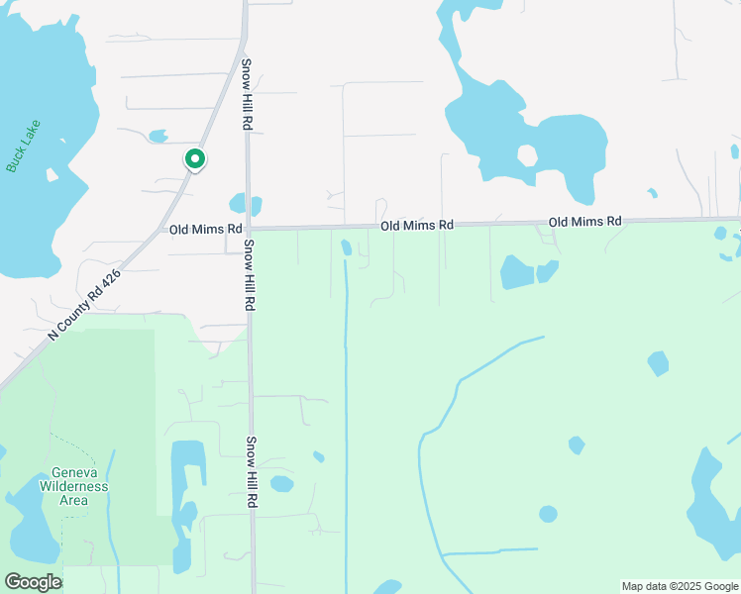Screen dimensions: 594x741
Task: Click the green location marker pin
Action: coord(195,159)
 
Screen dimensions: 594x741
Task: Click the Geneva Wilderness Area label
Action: coord(73,486)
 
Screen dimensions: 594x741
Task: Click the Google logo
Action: coord(33,582)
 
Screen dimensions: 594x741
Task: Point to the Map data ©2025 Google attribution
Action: coord(680,586)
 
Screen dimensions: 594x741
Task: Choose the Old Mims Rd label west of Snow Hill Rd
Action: coord(205,229)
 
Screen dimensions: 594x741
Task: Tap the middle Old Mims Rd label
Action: coord(417,226)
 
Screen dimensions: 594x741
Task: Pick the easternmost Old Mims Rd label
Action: coord(584,221)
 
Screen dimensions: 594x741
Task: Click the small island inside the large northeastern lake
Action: coord(527,155)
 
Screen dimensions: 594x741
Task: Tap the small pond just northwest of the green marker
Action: coord(158,136)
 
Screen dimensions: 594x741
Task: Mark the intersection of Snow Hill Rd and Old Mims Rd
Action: coord(249,228)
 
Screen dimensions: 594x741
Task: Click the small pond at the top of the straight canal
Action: coord(346,247)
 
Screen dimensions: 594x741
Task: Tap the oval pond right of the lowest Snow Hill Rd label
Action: coord(281,484)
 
